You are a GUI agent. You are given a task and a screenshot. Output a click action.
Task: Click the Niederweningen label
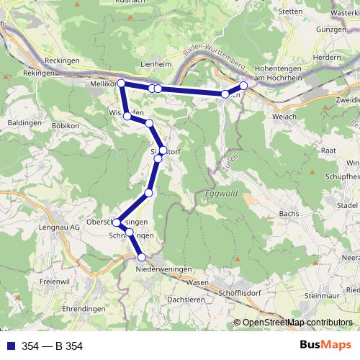coord(164,269)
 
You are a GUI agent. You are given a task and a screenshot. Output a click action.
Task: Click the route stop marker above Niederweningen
coord(142,257)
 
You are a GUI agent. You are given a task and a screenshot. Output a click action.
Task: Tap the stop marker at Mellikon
coord(121,84)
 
